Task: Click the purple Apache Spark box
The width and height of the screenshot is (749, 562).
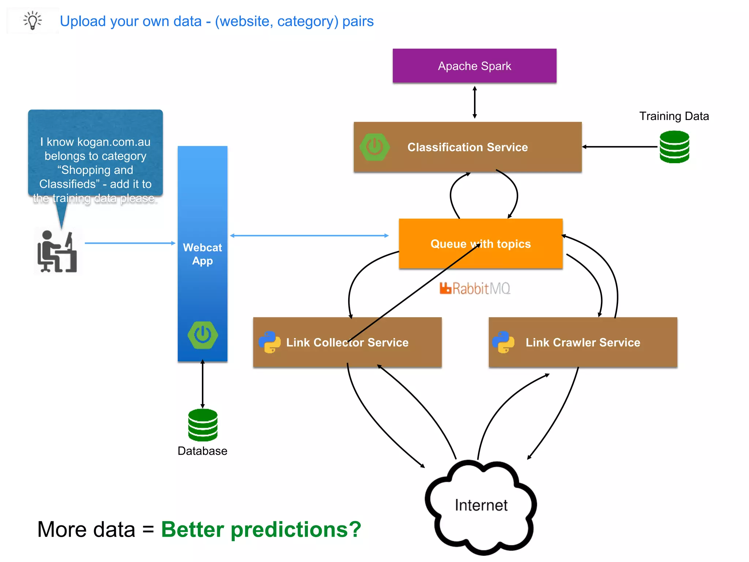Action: [x=474, y=66]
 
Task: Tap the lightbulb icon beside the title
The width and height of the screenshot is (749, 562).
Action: [x=33, y=20]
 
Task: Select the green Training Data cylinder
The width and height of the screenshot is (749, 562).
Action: [x=674, y=147]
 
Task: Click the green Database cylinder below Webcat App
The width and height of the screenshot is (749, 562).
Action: [x=203, y=425]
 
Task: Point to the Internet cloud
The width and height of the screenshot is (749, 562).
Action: [x=481, y=507]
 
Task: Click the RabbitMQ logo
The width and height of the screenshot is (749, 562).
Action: [x=475, y=288]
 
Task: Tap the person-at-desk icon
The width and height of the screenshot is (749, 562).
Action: [x=57, y=252]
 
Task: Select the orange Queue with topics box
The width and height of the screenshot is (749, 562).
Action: [x=480, y=244]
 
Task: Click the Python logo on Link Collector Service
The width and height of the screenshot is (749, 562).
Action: [x=270, y=342]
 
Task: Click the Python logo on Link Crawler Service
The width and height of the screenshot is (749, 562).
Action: [x=503, y=342]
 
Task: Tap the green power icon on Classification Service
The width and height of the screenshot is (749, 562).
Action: [x=374, y=147]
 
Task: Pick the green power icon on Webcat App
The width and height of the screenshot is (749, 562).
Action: [x=203, y=335]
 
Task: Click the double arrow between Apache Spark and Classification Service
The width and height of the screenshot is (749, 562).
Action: [x=474, y=102]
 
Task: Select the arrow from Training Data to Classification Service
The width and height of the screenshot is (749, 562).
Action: [x=620, y=147]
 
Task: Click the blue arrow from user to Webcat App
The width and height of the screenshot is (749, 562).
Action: [x=130, y=243]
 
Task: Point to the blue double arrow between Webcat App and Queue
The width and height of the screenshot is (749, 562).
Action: [x=309, y=236]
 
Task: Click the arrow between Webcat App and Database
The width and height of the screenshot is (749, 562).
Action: [x=203, y=384]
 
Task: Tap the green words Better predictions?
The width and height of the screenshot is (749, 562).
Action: [x=261, y=529]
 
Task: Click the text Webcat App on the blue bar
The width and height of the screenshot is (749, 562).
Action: [x=202, y=254]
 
